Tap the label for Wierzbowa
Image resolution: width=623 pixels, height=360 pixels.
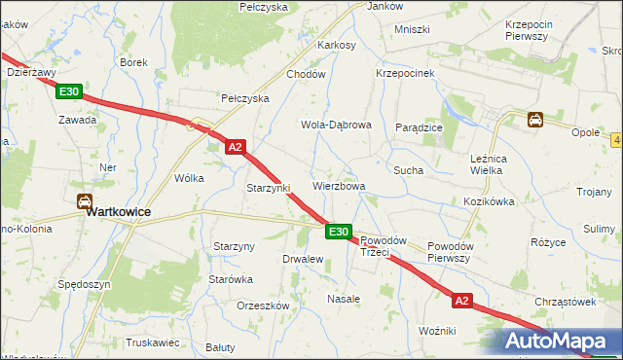coord(339,186)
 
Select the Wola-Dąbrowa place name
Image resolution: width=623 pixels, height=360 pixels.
coord(336,126)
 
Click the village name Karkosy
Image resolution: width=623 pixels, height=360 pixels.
coord(337,45)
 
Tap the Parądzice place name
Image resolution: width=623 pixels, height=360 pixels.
coord(420,127)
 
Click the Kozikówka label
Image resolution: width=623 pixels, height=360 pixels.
coord(488,201)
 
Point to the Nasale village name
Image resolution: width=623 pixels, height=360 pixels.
coord(344,299)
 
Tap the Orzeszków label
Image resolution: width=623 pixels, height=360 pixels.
coord(264,305)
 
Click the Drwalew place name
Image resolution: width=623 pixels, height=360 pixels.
coord(302,259)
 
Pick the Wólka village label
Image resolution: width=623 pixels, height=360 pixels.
coord(188,178)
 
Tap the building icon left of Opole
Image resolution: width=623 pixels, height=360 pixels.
coord(535,121)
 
